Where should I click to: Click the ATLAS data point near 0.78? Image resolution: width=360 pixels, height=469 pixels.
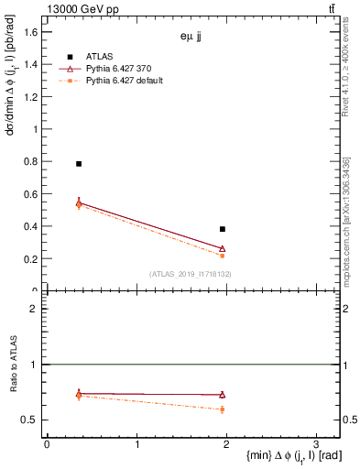[x=79, y=164]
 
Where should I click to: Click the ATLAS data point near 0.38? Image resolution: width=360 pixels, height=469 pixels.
[x=223, y=229]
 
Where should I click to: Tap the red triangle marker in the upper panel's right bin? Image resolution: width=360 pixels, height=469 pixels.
[x=223, y=248]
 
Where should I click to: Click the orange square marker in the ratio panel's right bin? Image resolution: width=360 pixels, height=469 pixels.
[x=223, y=409]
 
